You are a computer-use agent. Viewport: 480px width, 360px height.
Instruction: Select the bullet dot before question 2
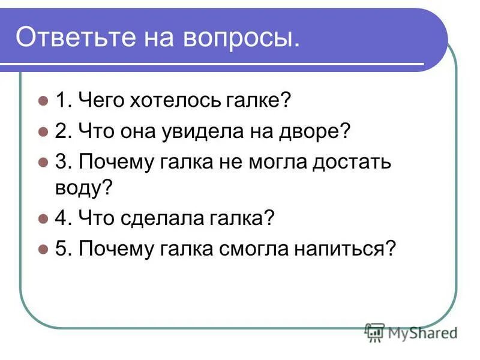[x=42, y=131]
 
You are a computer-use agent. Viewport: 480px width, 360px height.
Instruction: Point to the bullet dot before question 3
[x=42, y=161]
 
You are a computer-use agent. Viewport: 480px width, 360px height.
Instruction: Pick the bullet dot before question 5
[x=42, y=248]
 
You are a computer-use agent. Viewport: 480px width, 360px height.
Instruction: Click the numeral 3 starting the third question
[x=61, y=161]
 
